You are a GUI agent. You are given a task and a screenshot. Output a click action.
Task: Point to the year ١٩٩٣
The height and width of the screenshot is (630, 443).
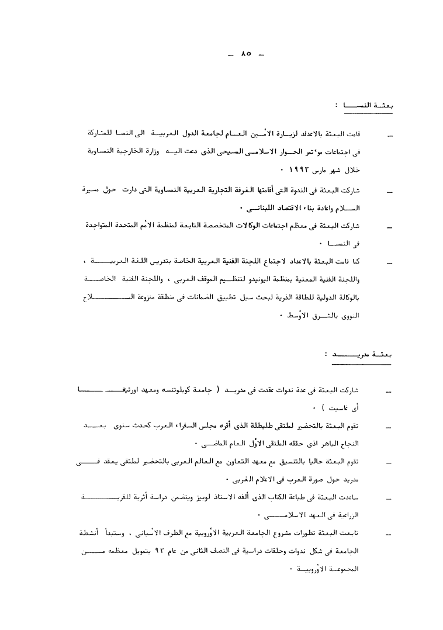point(297,170)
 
